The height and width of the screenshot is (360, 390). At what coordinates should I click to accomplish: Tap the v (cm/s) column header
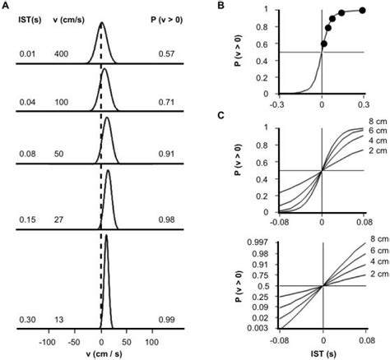pos(67,23)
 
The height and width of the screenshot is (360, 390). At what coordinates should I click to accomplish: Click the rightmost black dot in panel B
pos(363,11)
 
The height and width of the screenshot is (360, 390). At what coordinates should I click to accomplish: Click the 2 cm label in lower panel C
pos(376,274)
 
